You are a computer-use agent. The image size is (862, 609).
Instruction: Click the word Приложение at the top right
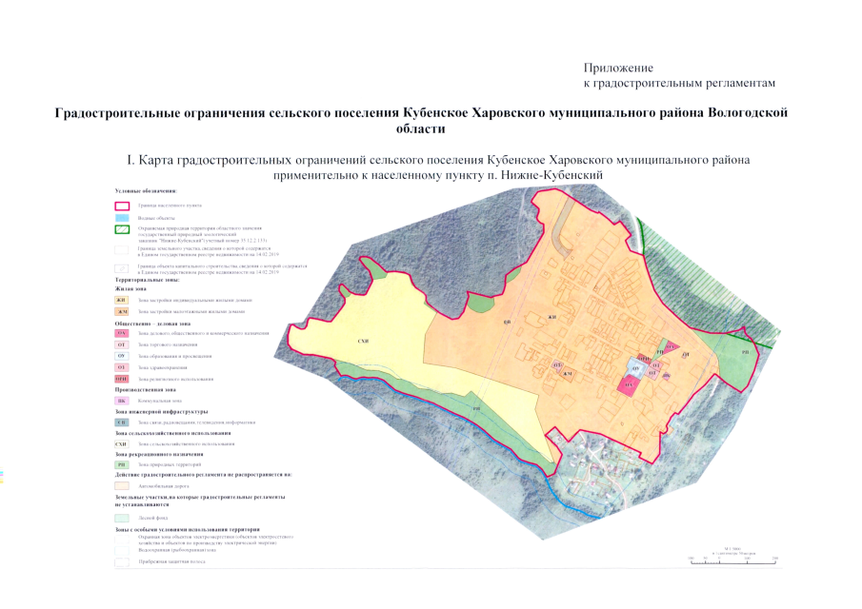point(618,69)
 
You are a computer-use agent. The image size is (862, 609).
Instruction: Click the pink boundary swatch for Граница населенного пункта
point(121,205)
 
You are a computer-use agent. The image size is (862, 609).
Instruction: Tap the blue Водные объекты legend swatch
point(121,218)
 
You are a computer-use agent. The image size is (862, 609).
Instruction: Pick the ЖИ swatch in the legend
point(121,300)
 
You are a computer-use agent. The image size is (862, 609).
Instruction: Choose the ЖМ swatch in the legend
point(121,311)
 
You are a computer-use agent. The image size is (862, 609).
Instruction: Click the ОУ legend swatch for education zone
point(121,356)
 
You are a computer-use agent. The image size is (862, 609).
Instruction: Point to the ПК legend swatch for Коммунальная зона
point(121,401)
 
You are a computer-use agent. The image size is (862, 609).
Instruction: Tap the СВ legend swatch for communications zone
point(121,422)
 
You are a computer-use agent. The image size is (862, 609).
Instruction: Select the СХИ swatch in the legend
point(121,443)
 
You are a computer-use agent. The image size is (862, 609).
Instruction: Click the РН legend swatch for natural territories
point(121,463)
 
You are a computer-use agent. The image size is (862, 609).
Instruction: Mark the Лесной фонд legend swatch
point(121,518)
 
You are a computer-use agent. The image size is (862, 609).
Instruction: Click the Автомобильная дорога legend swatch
point(121,485)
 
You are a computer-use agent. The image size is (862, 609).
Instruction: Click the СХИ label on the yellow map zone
point(363,340)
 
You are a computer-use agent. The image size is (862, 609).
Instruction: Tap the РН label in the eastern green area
point(746,351)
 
